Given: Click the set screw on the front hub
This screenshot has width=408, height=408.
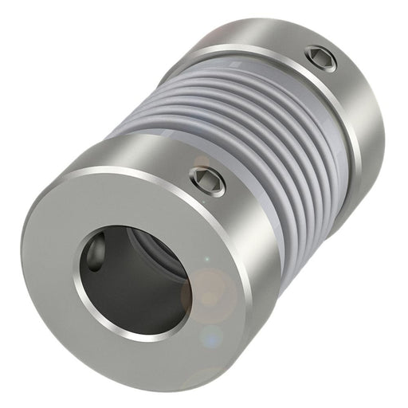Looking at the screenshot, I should pos(209,181).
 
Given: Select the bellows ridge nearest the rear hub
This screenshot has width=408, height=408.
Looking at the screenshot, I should pos(311,120).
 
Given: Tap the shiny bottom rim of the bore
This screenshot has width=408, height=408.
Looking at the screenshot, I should pos(135,331).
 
